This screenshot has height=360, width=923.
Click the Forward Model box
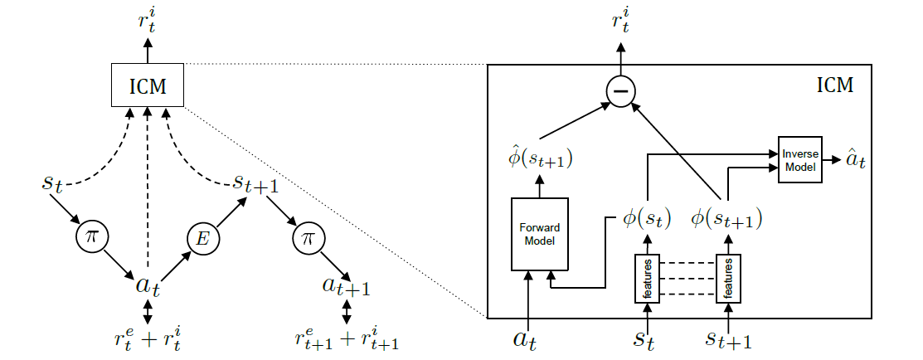click(x=540, y=234)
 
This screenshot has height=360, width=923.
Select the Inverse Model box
click(x=799, y=160)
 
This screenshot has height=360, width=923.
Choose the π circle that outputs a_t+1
click(x=308, y=239)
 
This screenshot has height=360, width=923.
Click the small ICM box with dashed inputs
click(x=148, y=86)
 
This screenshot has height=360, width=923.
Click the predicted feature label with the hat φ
click(x=542, y=159)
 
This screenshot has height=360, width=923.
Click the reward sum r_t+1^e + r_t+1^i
click(x=347, y=338)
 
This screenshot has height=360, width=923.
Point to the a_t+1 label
click(x=346, y=287)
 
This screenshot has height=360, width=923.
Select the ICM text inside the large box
click(x=835, y=85)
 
